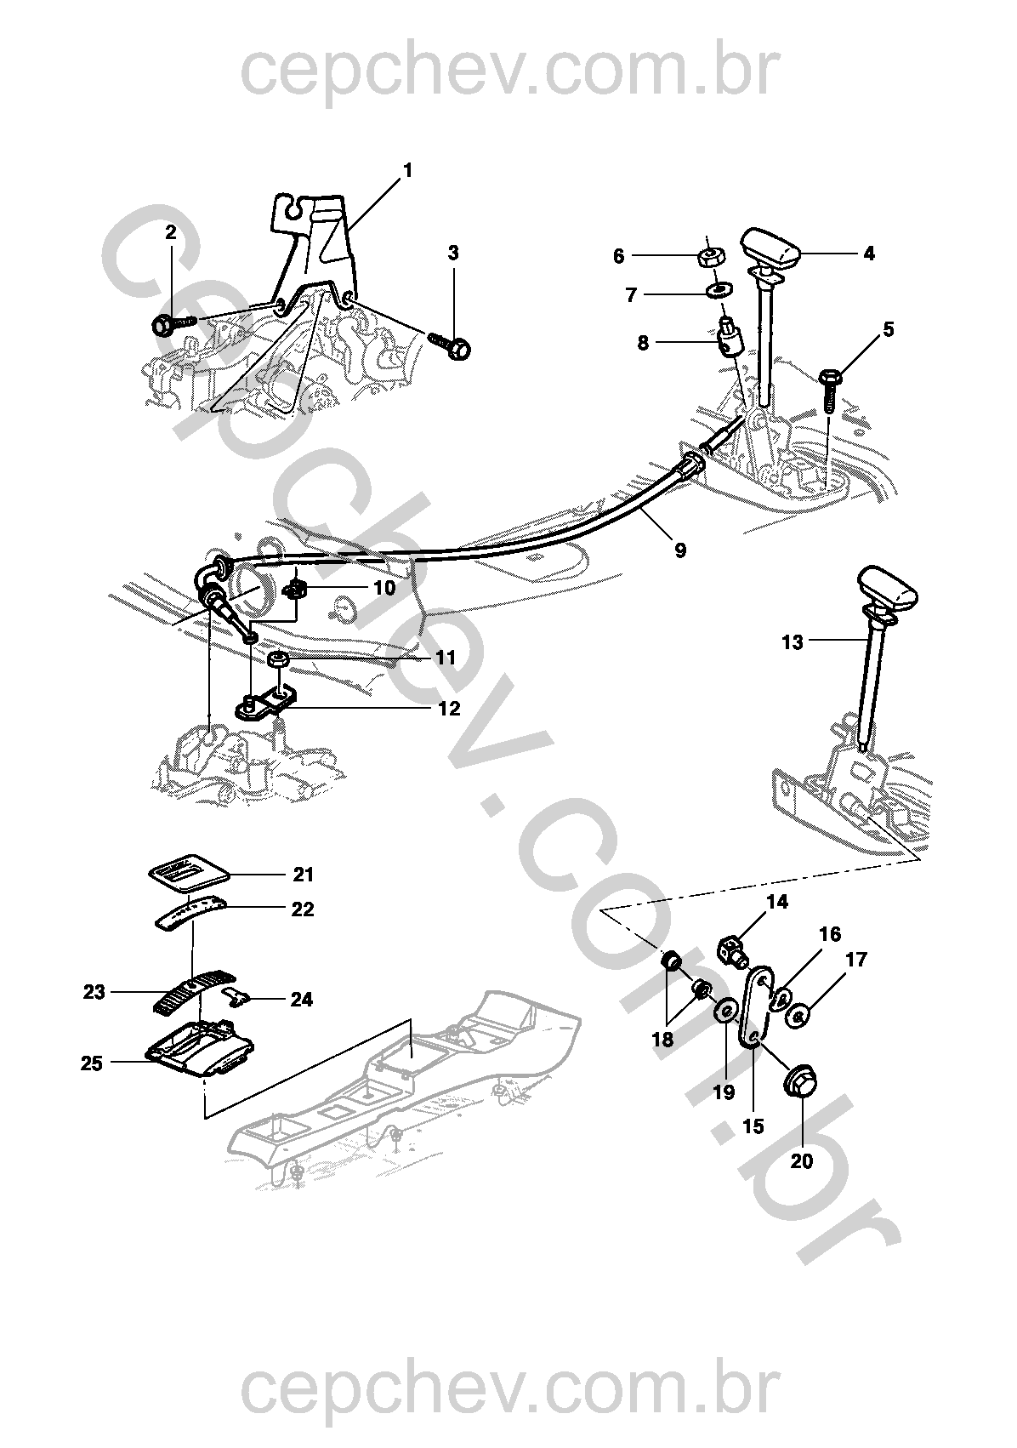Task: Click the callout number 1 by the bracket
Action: (x=407, y=170)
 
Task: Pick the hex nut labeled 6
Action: (x=712, y=257)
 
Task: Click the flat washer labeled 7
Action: (x=717, y=287)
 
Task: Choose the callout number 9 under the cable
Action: (x=679, y=550)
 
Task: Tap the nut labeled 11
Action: (x=278, y=660)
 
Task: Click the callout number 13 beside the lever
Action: (x=793, y=642)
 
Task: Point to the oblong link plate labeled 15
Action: (x=758, y=1011)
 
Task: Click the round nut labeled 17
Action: (x=798, y=1017)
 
